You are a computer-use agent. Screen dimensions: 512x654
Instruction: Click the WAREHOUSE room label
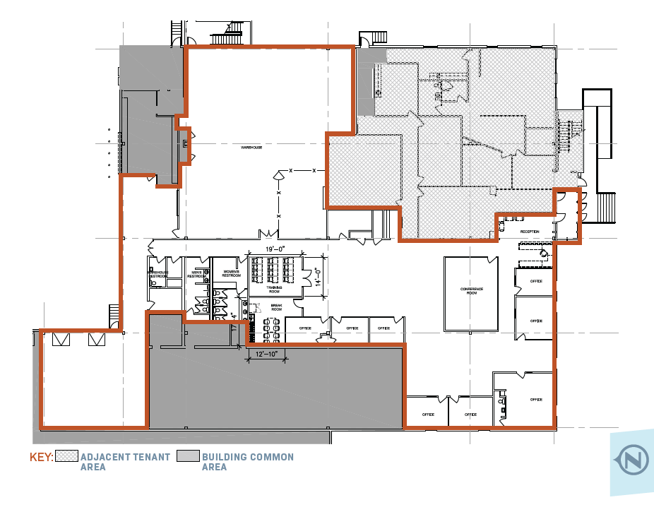point(252,148)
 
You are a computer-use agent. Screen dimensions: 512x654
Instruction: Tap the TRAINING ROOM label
point(274,289)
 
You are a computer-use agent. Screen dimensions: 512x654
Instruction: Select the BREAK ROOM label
point(277,308)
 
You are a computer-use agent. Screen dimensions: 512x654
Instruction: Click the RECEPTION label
point(530,232)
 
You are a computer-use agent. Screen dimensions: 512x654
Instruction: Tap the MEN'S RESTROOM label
point(197,274)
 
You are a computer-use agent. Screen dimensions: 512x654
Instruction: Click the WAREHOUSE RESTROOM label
point(157,274)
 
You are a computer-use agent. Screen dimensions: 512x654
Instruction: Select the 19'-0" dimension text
point(275,249)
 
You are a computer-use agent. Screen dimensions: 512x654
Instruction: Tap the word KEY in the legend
point(41,458)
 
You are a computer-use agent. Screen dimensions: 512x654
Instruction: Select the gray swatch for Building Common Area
point(188,457)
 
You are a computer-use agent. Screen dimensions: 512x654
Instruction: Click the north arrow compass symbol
point(631,462)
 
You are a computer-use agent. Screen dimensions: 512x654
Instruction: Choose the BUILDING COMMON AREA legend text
point(247,462)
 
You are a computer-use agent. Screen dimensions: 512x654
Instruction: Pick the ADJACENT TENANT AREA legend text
point(125,462)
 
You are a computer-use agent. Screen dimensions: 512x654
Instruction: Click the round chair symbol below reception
point(542,252)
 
